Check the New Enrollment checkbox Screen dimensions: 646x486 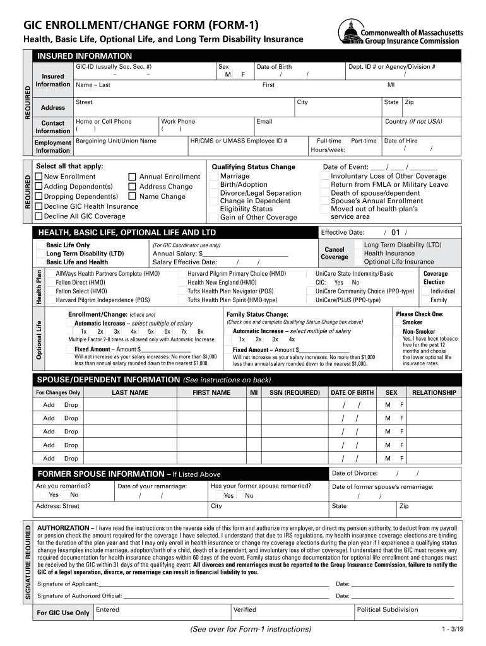pyautogui.click(x=39, y=177)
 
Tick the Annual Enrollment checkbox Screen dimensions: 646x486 pyautogui.click(x=133, y=177)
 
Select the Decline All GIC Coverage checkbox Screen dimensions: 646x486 pyautogui.click(x=39, y=216)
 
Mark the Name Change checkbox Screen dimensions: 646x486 pyautogui.click(x=133, y=197)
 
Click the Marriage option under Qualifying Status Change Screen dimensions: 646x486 pyautogui.click(x=234, y=177)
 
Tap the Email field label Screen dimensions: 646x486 pyautogui.click(x=264, y=121)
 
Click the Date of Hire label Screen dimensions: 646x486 pyautogui.click(x=400, y=141)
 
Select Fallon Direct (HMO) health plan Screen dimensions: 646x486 pyautogui.click(x=81, y=283)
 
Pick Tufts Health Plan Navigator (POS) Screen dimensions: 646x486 pyautogui.click(x=230, y=291)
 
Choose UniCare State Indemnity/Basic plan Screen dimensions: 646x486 pyautogui.click(x=354, y=274)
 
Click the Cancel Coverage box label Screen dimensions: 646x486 pyautogui.click(x=334, y=253)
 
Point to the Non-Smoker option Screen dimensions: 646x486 pyautogui.click(x=418, y=331)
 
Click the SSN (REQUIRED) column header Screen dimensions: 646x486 pyautogui.click(x=294, y=392)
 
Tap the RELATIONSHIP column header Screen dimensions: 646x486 pyautogui.click(x=434, y=392)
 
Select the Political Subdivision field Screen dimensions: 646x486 pyautogui.click(x=387, y=609)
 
